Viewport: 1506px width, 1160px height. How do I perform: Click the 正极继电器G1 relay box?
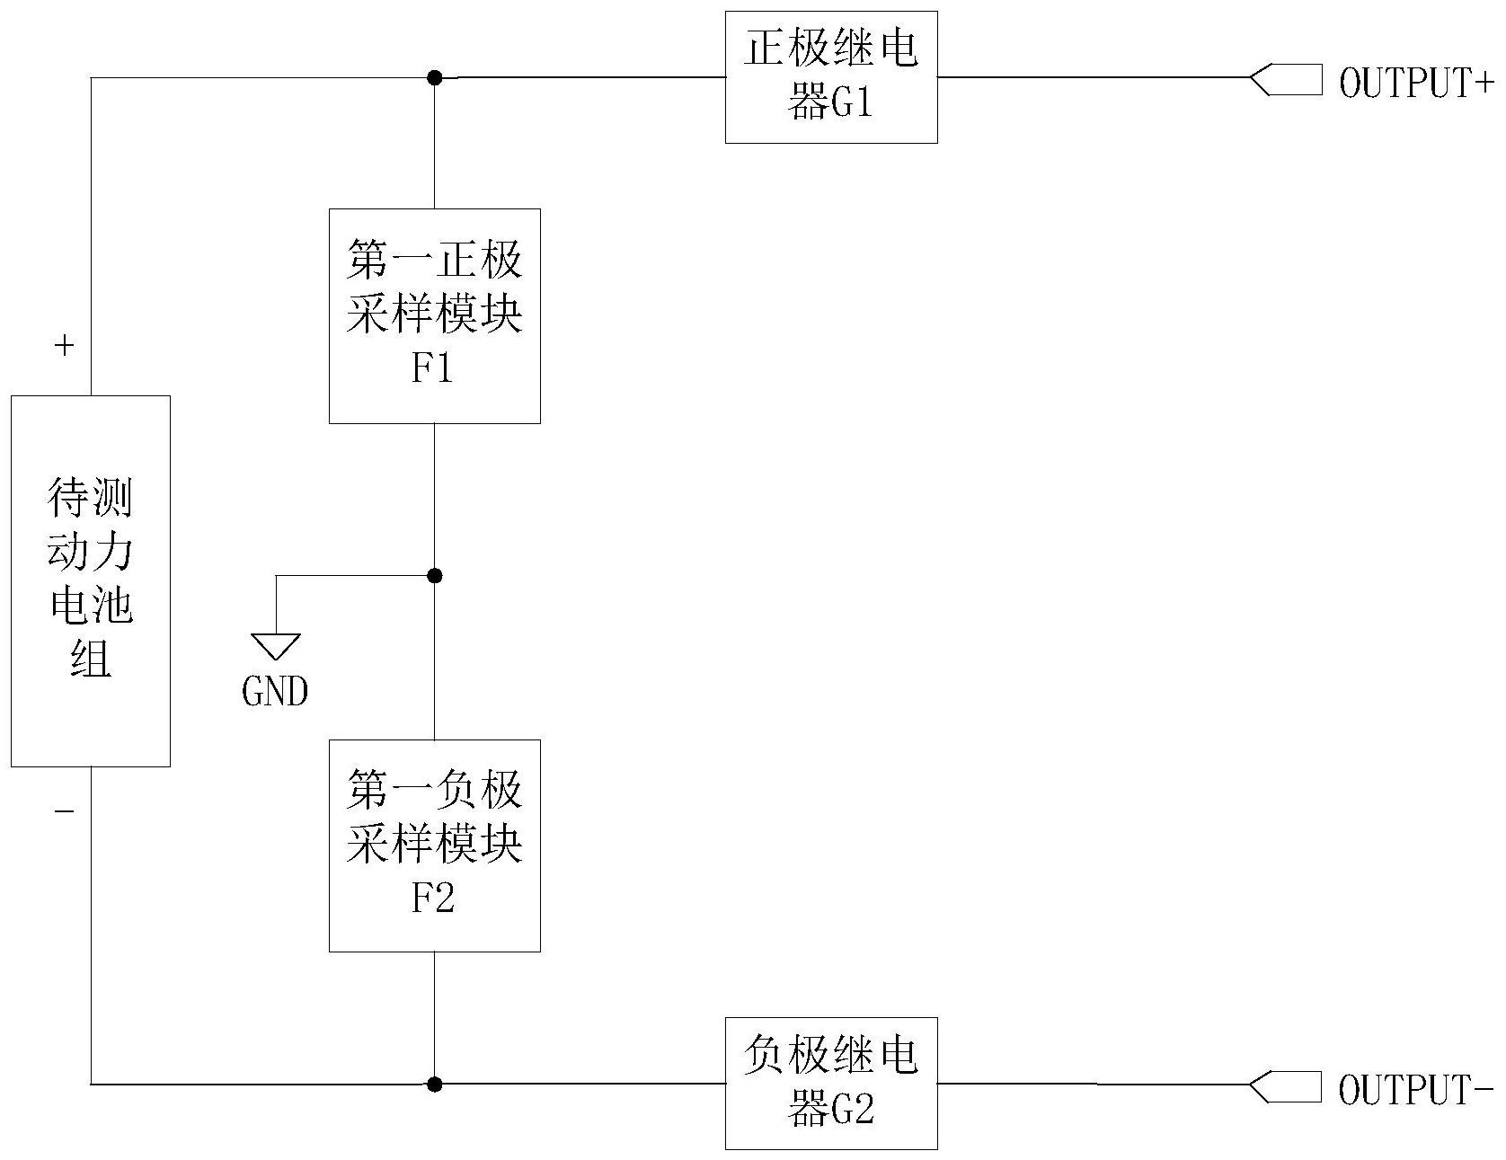point(831,77)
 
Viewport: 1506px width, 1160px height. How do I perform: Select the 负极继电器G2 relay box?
point(831,1083)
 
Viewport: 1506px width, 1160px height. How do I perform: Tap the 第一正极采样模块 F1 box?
point(434,315)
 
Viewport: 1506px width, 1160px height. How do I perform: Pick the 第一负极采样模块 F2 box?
point(434,845)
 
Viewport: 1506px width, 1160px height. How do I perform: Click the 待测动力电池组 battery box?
point(90,580)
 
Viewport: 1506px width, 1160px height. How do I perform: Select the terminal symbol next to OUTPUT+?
point(1286,80)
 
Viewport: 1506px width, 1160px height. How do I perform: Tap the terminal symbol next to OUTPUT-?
point(1286,1086)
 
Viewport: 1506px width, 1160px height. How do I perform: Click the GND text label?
point(275,691)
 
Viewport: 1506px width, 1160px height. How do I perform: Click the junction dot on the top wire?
point(434,77)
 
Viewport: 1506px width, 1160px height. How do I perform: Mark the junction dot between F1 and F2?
point(434,575)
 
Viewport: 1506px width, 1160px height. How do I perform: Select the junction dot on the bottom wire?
point(434,1084)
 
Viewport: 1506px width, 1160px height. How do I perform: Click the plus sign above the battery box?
point(64,345)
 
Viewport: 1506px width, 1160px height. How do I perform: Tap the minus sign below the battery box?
point(64,811)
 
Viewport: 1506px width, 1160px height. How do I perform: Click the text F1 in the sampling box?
point(432,368)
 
